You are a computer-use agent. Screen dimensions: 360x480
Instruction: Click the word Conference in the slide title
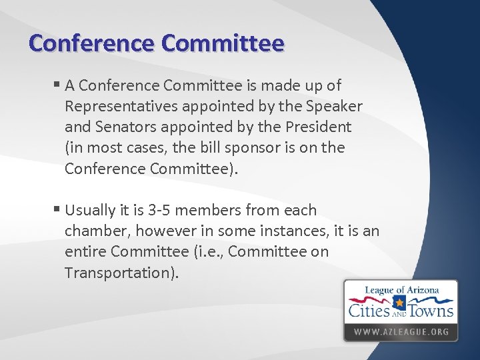pyautogui.click(x=90, y=43)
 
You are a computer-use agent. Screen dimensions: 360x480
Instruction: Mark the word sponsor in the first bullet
pyautogui.click(x=253, y=148)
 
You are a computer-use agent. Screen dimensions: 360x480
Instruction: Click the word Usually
pyautogui.click(x=91, y=211)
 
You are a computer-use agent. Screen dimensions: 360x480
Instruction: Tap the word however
pyautogui.click(x=165, y=231)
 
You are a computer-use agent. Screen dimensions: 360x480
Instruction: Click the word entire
pyautogui.click(x=86, y=252)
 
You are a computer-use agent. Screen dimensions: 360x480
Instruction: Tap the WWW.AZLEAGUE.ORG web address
pyautogui.click(x=401, y=331)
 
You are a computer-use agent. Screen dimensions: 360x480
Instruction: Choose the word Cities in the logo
pyautogui.click(x=369, y=309)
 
